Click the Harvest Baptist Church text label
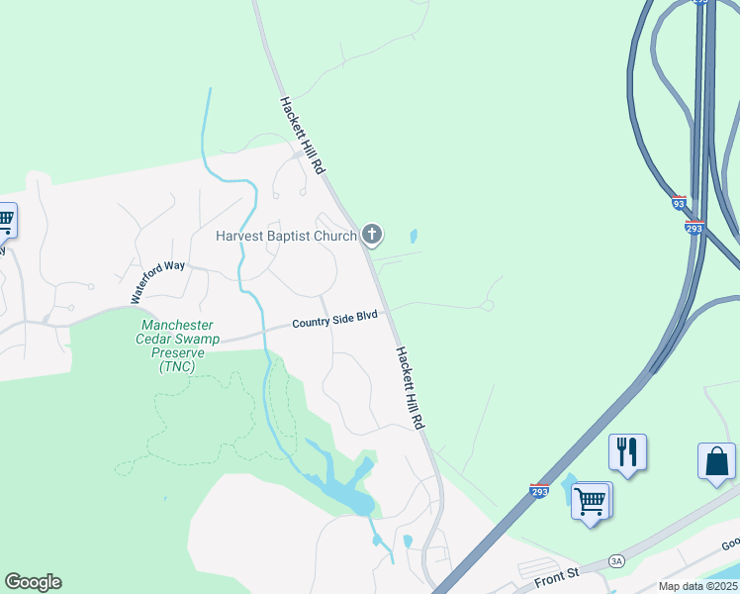click(x=287, y=237)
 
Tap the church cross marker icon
click(x=372, y=235)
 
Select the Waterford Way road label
click(x=158, y=282)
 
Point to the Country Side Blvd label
click(x=334, y=319)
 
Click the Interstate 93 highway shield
click(x=678, y=203)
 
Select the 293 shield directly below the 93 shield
click(x=694, y=227)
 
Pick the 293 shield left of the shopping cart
click(x=539, y=491)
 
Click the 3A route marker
click(x=617, y=561)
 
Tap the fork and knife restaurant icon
click(x=627, y=452)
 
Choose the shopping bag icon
click(x=716, y=461)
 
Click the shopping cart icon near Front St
click(x=591, y=501)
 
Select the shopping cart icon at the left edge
click(x=5, y=220)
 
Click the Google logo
click(x=33, y=582)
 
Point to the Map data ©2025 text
click(x=698, y=586)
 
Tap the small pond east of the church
click(x=413, y=238)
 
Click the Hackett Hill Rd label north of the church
click(x=302, y=136)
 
